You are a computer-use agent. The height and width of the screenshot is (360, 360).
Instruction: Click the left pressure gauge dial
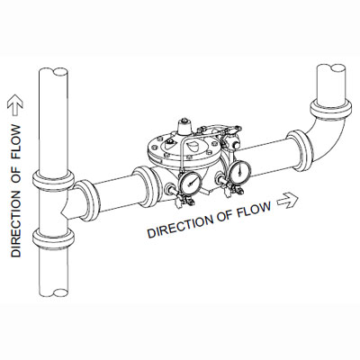coord(191,182)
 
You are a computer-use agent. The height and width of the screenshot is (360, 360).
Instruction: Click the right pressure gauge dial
coord(240,172)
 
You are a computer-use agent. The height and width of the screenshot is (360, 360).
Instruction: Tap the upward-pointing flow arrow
coord(15,104)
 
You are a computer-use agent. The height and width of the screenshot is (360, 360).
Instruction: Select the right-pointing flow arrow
coord(287,199)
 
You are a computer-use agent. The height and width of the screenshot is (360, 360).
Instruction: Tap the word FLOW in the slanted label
coord(254,209)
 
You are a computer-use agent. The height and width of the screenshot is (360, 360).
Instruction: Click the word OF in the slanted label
coord(225,216)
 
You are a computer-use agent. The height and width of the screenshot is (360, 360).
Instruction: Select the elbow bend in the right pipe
coord(326,137)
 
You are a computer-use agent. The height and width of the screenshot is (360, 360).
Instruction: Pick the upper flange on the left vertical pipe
coord(53,181)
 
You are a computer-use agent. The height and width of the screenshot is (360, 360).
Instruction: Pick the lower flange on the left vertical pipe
coord(53,238)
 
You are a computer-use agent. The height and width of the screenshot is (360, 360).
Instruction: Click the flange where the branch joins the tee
coord(87,200)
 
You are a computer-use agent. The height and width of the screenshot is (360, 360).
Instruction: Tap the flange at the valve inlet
coord(147,186)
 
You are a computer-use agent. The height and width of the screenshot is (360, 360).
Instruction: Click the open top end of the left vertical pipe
coord(61,72)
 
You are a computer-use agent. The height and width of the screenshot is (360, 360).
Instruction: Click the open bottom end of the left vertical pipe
coord(61,292)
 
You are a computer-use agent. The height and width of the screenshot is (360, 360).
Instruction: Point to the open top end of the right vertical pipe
coord(338,68)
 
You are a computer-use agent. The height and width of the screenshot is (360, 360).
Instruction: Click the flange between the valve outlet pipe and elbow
coord(300,150)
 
